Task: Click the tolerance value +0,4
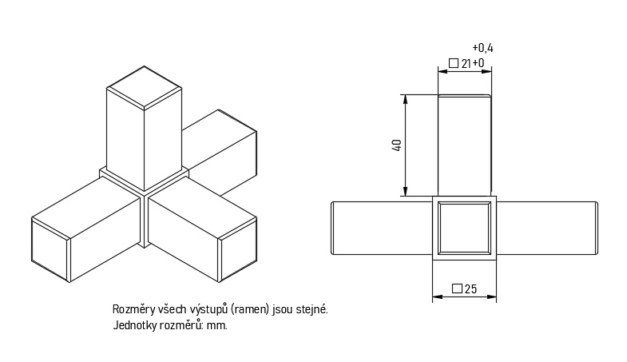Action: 482,49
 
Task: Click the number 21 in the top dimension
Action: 466,64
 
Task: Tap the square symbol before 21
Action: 454,63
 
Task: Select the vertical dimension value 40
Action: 397,145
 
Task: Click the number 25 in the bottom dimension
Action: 470,288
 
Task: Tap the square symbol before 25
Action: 457,288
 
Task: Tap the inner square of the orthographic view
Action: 464,228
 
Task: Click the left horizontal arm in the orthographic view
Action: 382,228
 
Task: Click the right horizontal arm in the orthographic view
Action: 547,228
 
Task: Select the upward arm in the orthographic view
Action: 465,145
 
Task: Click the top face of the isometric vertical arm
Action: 144,88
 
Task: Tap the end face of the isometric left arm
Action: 51,250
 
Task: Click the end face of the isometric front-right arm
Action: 238,250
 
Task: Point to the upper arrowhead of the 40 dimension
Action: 406,100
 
